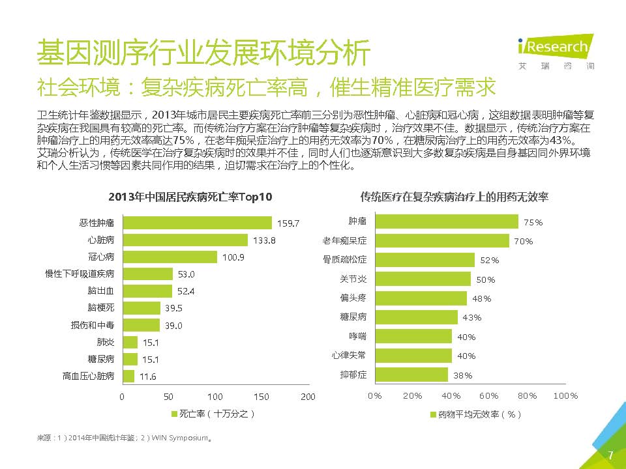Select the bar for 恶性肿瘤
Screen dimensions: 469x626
tap(197, 223)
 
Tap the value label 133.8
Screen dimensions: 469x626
tap(265, 240)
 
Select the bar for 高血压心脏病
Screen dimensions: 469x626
tap(128, 376)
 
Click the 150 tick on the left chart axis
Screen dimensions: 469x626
tap(261, 397)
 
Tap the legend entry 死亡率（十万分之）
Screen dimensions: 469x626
tap(212, 414)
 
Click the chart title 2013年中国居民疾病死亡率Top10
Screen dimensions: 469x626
tap(190, 197)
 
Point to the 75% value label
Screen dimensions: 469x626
tap(533, 223)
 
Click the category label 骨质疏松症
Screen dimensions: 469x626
tap(345, 260)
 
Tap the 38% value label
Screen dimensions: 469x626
tap(462, 375)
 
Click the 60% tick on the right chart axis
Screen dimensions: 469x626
tap(489, 395)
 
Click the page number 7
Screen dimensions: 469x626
tap(610, 455)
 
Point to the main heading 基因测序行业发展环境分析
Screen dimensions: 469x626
tap(204, 52)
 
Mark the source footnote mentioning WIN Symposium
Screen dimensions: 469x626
tap(124, 438)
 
